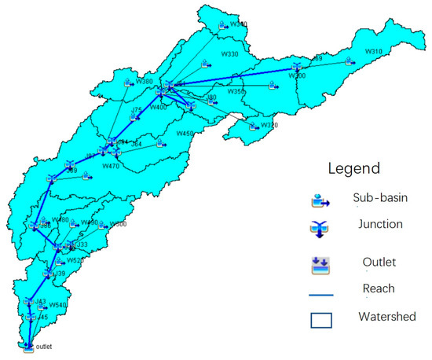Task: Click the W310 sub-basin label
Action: (373, 52)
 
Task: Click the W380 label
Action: (144, 81)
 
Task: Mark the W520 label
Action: (75, 260)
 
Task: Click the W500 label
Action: (118, 224)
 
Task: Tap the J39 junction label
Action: (60, 273)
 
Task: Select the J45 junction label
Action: (42, 318)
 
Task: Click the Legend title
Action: (353, 168)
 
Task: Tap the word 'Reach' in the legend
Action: (379, 288)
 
